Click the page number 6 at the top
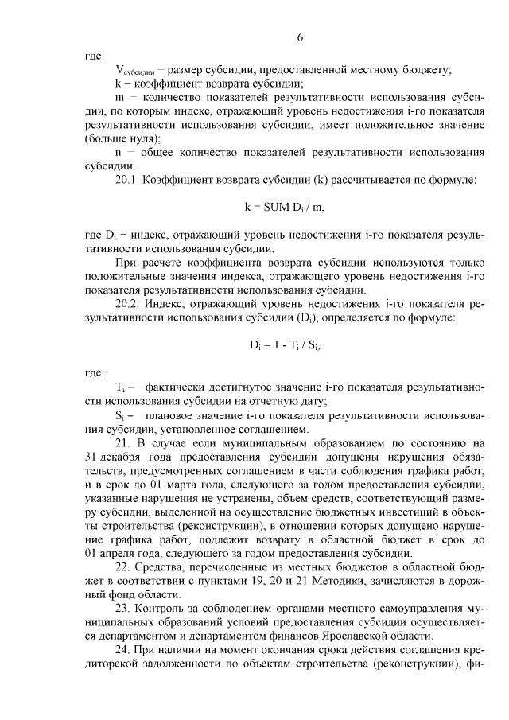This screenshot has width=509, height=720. pos(300,37)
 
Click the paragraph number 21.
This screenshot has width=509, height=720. pos(122,443)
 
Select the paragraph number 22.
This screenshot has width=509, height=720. pos(122,582)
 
